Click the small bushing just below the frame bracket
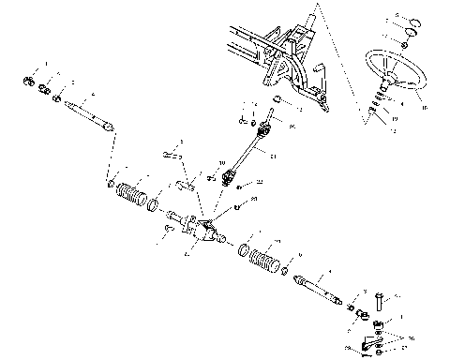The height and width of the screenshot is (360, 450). tap(278, 99)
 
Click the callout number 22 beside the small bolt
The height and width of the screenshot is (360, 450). tap(260, 182)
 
